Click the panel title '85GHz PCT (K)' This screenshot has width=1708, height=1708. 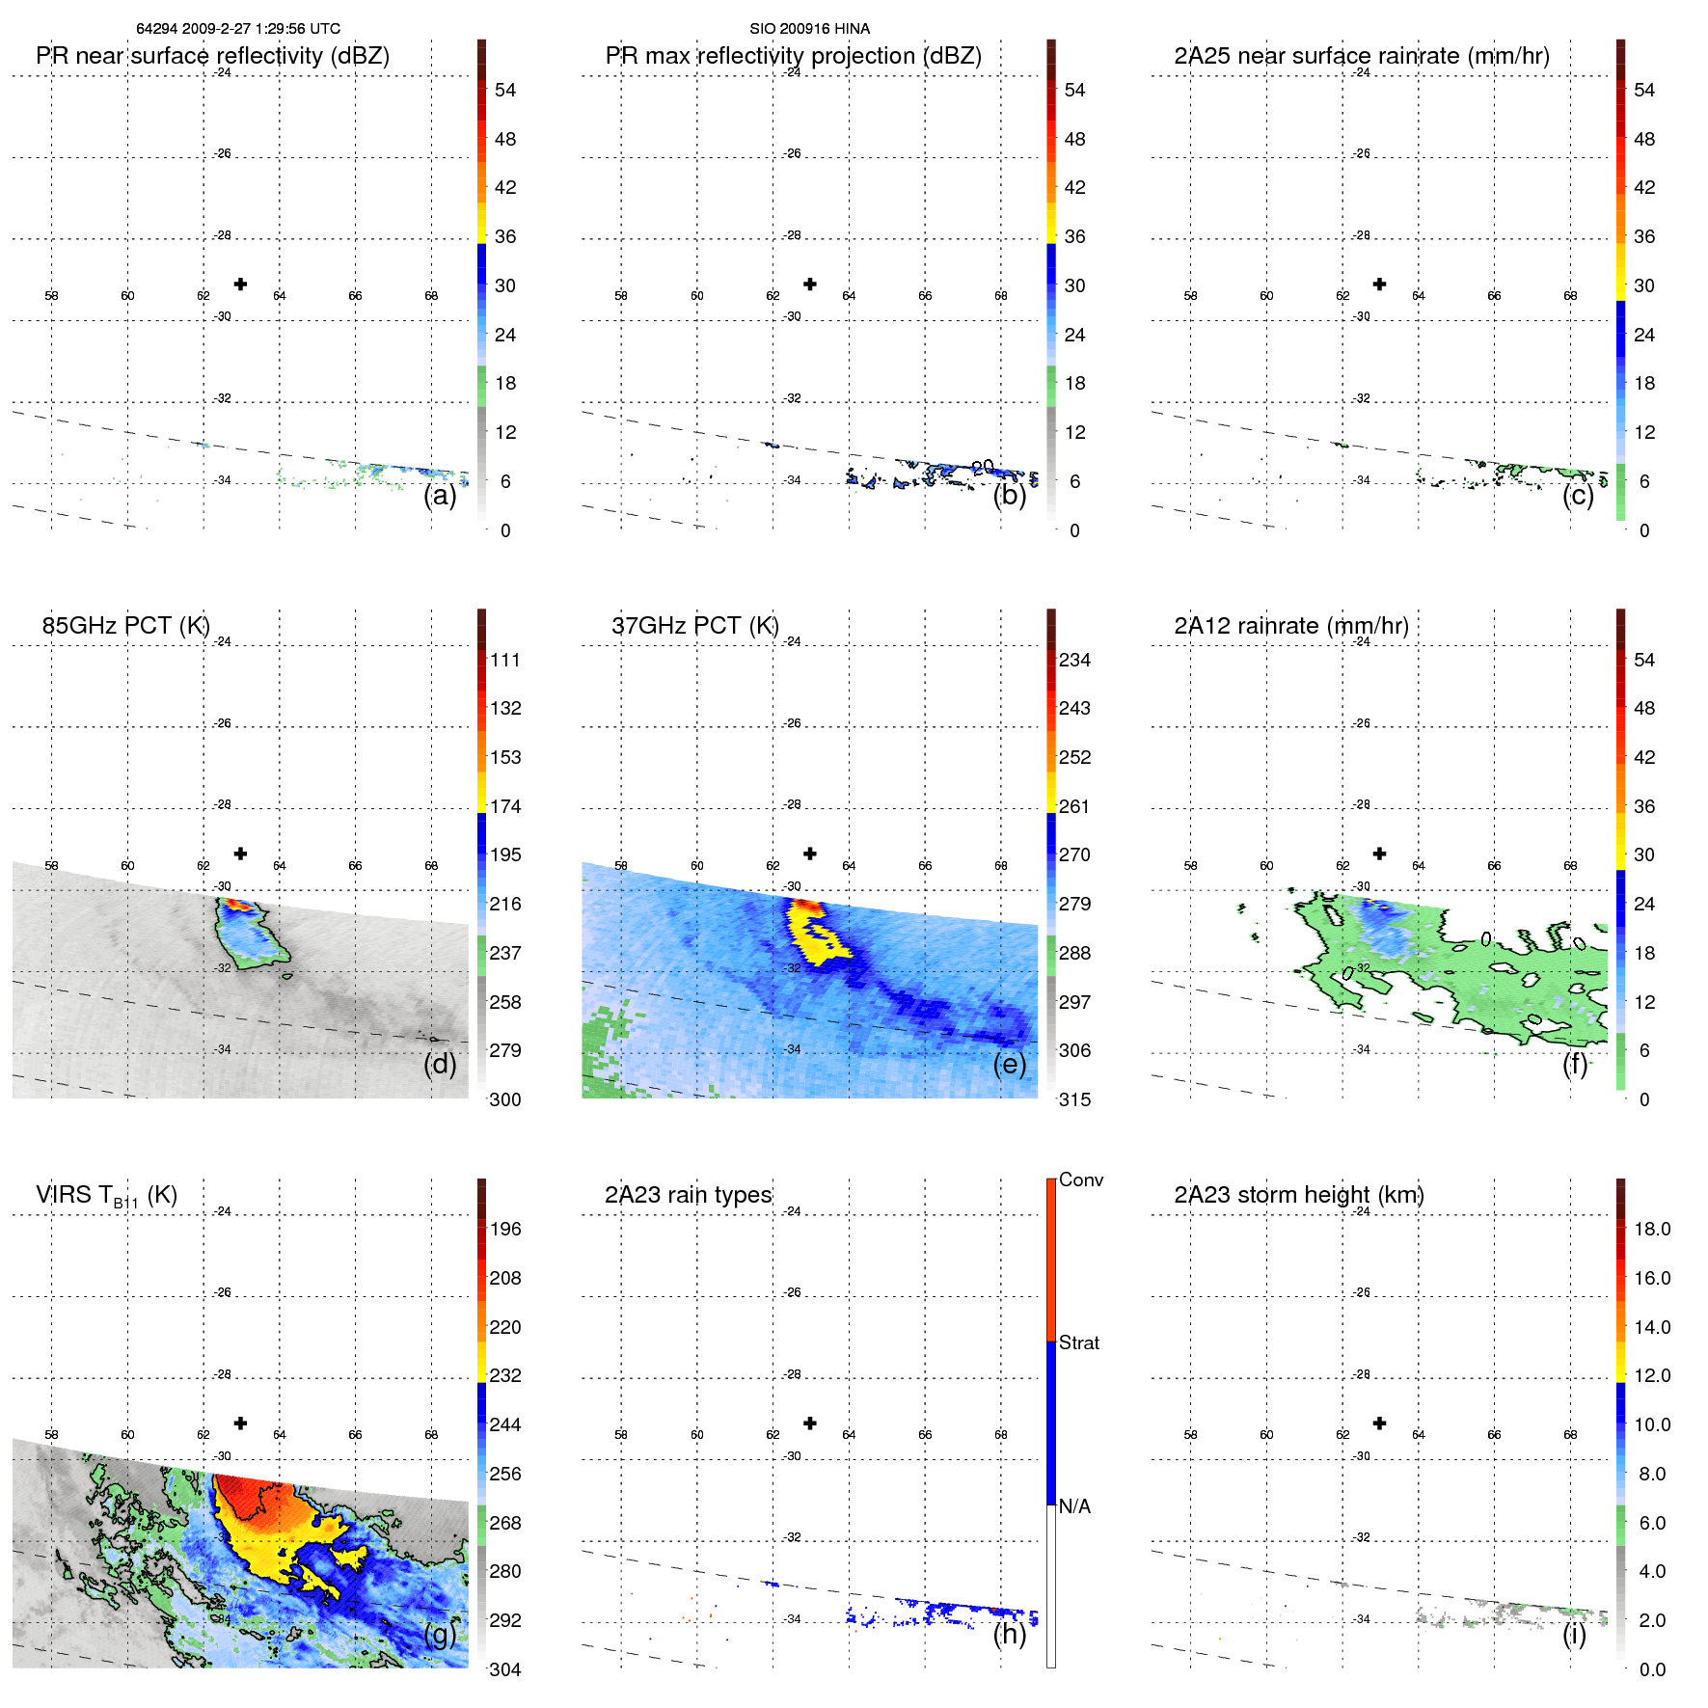tap(125, 626)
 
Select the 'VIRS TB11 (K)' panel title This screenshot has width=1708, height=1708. tap(106, 1196)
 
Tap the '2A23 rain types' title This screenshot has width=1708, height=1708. tap(688, 1195)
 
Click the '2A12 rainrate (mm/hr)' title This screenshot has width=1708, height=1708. tap(1290, 626)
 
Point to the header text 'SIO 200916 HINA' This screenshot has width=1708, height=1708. tap(809, 29)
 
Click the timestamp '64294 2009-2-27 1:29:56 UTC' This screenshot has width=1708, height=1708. tap(237, 29)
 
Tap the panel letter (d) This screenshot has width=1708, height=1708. tap(440, 1064)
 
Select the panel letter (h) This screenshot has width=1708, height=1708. tap(1009, 1634)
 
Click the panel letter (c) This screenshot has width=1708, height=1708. tap(1578, 495)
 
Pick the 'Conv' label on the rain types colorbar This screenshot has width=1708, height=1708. tap(1080, 1179)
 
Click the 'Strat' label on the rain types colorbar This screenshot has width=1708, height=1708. tap(1078, 1342)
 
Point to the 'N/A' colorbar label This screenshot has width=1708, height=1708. tap(1074, 1506)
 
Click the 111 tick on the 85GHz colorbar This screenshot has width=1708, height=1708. tap(504, 660)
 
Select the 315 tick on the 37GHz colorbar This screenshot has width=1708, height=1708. tap(1074, 1099)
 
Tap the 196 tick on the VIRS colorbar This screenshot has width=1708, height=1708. tap(504, 1229)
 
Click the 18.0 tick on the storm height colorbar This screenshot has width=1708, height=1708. tap(1651, 1229)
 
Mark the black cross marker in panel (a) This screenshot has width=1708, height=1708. tap(240, 284)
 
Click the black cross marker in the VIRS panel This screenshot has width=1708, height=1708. tap(240, 1423)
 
